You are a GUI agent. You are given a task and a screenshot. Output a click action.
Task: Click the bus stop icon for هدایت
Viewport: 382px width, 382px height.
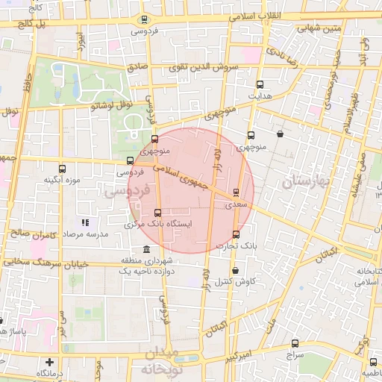pyautogui.click(x=260, y=84)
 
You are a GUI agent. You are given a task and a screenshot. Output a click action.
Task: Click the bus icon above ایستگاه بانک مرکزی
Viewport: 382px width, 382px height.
pyautogui.click(x=157, y=213)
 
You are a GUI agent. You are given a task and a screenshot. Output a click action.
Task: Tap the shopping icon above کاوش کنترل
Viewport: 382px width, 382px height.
pyautogui.click(x=236, y=271)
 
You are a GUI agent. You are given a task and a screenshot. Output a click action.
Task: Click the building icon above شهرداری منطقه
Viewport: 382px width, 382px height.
pyautogui.click(x=145, y=249)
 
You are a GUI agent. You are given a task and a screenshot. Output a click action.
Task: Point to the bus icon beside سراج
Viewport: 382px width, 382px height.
pyautogui.click(x=295, y=343)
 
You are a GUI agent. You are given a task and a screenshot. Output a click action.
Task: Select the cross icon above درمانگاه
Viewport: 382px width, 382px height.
pyautogui.click(x=49, y=362)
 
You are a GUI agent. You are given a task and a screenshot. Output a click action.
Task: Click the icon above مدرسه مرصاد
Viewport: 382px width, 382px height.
pyautogui.click(x=86, y=222)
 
